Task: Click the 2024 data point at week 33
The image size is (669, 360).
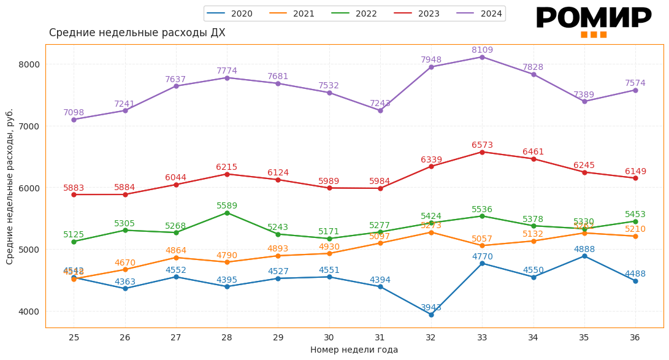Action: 482,57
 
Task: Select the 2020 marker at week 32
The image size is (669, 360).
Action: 431,315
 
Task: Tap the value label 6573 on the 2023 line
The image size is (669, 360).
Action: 482,145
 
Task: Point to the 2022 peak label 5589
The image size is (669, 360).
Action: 227,206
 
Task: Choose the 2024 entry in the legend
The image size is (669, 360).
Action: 480,13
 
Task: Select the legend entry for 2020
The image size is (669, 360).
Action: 231,13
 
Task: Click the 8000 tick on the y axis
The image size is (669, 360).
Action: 29,64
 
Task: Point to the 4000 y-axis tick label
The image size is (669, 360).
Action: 29,312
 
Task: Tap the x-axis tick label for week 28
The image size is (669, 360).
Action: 227,337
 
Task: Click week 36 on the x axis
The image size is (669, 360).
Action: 635,337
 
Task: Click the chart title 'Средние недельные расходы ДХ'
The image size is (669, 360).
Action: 137,33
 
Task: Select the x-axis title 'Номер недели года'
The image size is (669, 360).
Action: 354,350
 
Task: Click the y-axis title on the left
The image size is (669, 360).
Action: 10,186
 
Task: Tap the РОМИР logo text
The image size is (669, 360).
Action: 593,18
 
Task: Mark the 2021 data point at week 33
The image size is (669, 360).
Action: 482,245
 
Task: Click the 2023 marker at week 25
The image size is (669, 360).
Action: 74,194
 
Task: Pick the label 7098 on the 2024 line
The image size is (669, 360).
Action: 74,113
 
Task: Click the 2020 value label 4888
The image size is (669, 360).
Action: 584,250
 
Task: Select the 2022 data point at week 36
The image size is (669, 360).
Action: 635,221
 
